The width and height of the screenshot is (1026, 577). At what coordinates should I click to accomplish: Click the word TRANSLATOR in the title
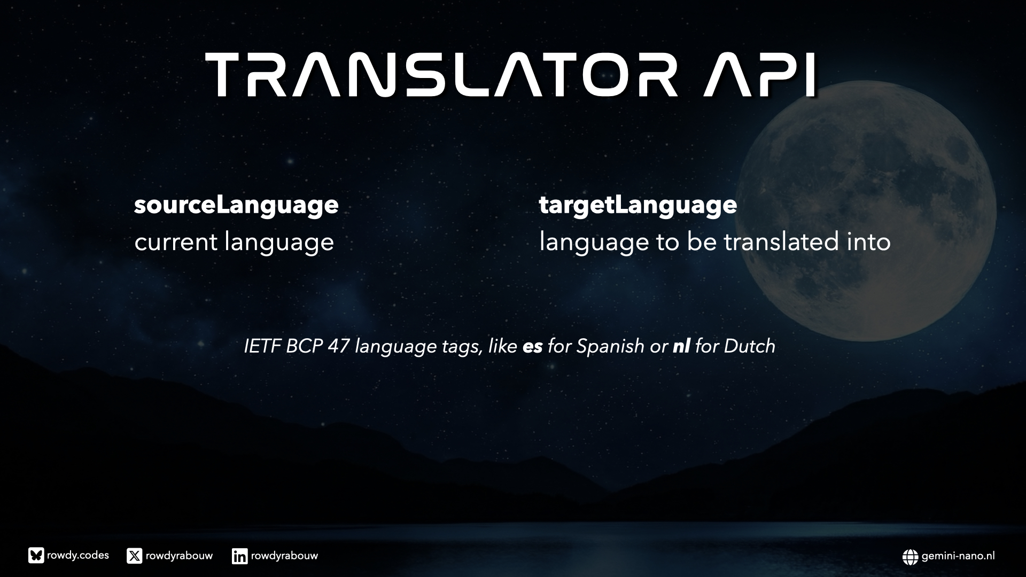pos(442,75)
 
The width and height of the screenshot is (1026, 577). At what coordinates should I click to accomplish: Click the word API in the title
pos(760,75)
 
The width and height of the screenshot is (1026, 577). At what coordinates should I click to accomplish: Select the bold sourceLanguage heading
pos(236,205)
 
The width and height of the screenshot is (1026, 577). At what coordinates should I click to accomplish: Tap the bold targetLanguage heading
pos(638,205)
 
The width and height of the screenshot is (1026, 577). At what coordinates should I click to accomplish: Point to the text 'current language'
pos(234,243)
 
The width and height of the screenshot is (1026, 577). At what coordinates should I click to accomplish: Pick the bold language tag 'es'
pos(533,347)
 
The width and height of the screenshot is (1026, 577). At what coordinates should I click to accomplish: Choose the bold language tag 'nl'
pos(681,346)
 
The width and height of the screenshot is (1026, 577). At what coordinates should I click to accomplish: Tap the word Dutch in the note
pos(749,346)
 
